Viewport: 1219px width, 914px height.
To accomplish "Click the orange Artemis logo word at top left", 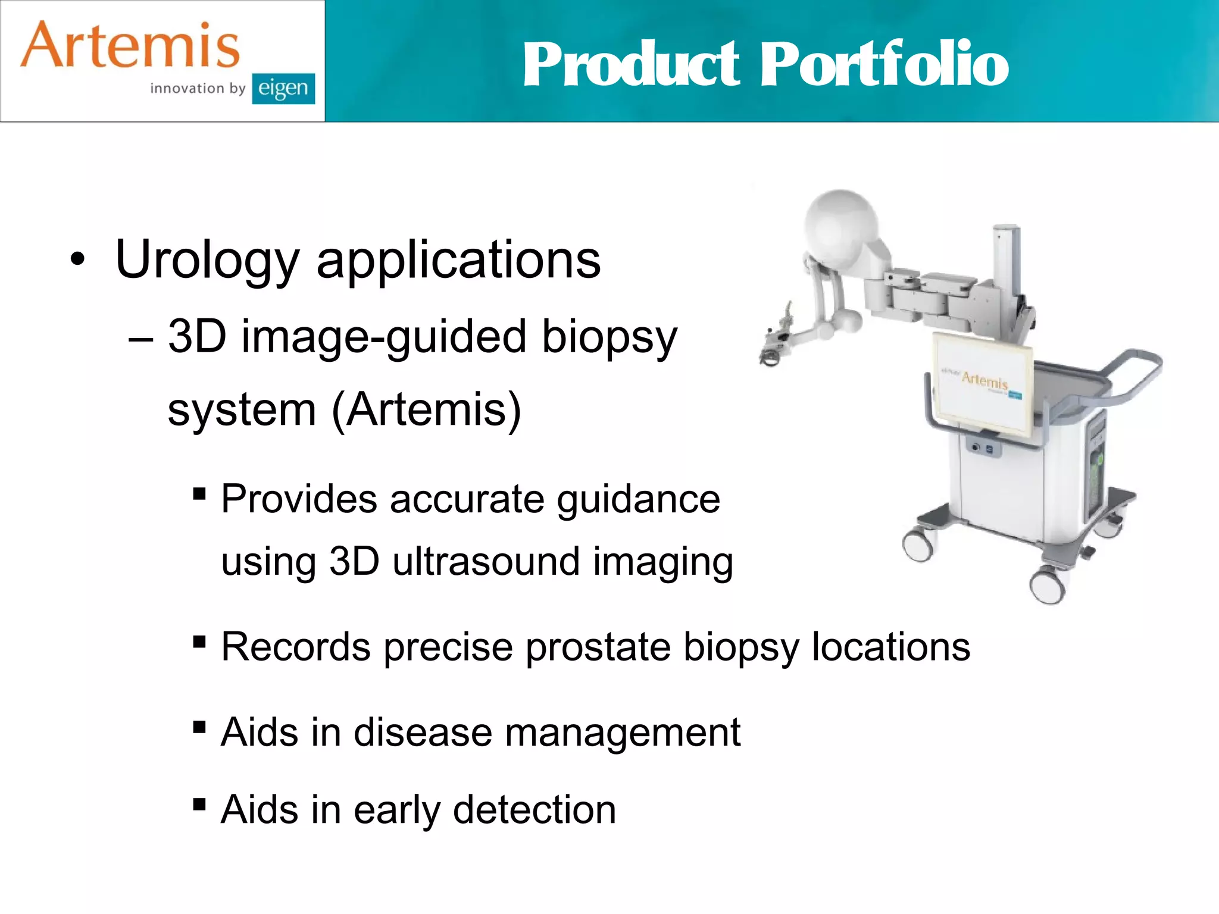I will coord(130,46).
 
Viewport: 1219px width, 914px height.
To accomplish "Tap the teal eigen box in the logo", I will coord(283,89).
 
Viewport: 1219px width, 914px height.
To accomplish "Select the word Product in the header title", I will coord(631,64).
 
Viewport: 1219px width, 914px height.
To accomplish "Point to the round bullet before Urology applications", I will coord(77,260).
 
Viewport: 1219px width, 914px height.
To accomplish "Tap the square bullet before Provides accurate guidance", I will coord(199,494).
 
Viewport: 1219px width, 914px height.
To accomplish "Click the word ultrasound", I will coord(486,561).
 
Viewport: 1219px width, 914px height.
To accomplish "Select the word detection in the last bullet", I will coord(534,810).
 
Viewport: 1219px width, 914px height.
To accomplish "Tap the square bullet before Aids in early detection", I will coord(199,805).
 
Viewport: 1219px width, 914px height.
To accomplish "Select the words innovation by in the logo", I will coord(198,89).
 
